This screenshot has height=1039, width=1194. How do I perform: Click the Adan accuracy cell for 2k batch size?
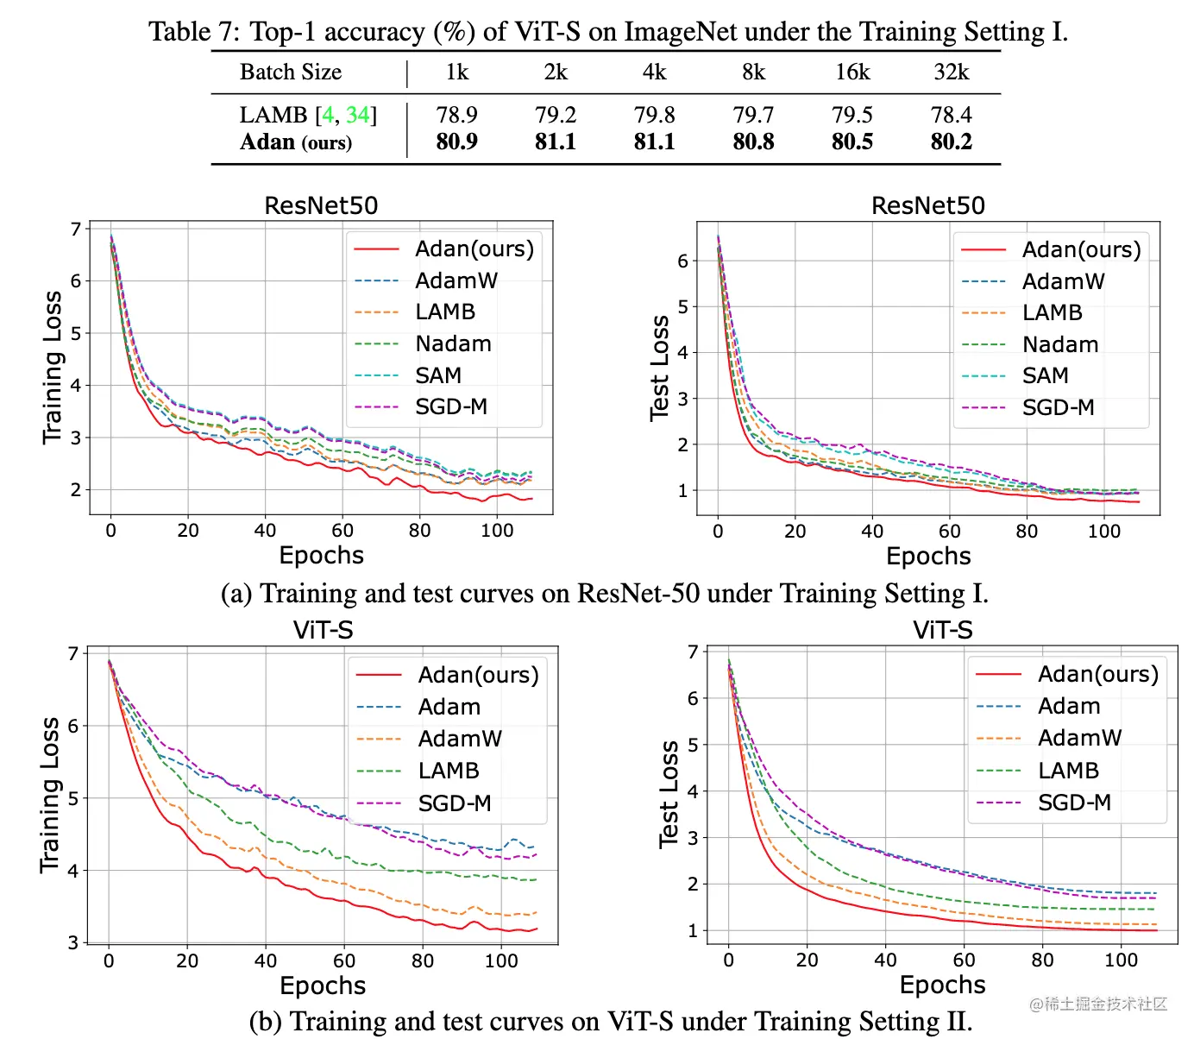tap(555, 142)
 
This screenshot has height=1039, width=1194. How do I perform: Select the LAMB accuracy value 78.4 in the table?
tap(951, 115)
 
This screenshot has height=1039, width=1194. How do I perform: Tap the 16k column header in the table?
tap(852, 72)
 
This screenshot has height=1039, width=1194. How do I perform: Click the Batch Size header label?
tap(291, 72)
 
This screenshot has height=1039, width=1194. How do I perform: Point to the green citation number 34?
tap(357, 115)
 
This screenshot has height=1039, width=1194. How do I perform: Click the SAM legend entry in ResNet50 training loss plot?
tap(437, 375)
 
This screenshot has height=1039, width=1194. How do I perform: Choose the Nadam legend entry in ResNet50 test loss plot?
tap(1059, 344)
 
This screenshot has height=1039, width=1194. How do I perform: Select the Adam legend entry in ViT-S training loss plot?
tap(449, 707)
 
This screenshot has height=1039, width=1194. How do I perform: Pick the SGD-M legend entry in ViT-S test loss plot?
tap(1073, 803)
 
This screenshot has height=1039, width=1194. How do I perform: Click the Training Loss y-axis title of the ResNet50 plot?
tap(53, 368)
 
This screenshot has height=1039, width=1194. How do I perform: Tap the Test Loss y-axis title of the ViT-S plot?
tap(669, 794)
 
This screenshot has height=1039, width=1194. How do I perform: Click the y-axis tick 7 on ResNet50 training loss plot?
tap(76, 229)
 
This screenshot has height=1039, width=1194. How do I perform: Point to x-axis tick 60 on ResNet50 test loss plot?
tap(949, 532)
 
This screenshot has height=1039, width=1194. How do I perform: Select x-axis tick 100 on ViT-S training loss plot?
tap(501, 960)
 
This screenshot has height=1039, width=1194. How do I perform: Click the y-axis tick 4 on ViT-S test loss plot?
tap(693, 790)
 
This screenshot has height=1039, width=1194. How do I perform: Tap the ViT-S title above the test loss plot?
tap(942, 630)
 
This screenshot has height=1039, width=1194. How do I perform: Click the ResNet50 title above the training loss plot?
tap(321, 205)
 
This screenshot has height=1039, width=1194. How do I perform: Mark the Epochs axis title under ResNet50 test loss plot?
tap(928, 557)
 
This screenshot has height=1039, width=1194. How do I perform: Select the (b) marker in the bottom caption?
tap(266, 1022)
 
